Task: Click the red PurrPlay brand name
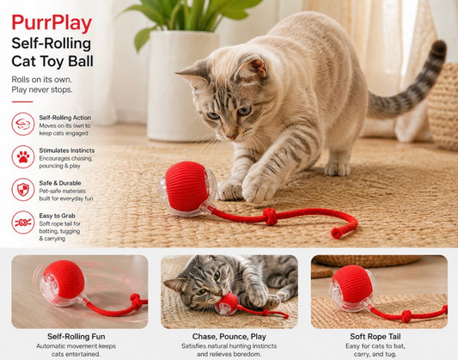(52, 24)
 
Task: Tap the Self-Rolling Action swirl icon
(23, 124)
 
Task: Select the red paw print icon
(23, 156)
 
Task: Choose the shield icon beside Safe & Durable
(23, 190)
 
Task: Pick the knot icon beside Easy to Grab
(23, 223)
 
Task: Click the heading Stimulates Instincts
(67, 150)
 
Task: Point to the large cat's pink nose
(232, 137)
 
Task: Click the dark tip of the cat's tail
(439, 49)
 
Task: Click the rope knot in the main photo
(270, 217)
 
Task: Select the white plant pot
(182, 86)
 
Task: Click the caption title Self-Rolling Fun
(76, 336)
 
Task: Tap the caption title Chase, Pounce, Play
(229, 337)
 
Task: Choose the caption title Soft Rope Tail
(376, 336)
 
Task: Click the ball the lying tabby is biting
(227, 304)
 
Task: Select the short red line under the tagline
(22, 102)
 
